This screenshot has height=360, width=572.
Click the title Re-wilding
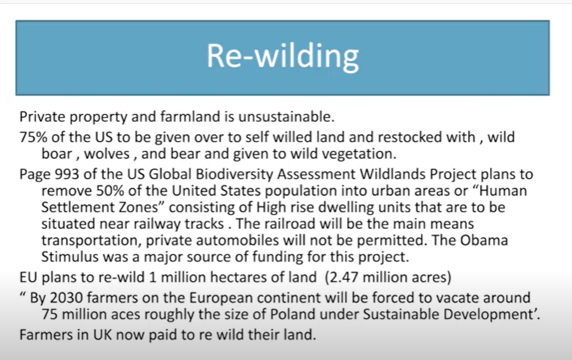283,56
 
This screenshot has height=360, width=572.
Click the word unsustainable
286,117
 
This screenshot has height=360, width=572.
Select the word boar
56,154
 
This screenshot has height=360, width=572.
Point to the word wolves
107,154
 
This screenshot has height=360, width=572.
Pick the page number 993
67,174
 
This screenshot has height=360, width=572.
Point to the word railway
157,224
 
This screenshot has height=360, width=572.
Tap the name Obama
484,240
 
